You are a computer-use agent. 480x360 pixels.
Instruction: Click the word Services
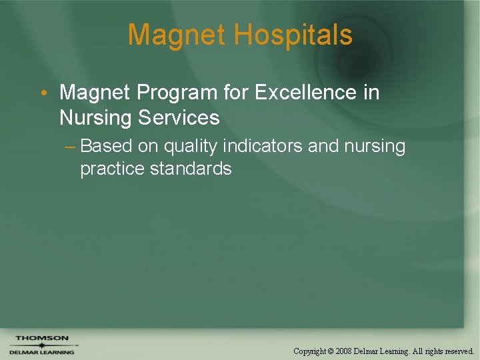pyautogui.click(x=179, y=118)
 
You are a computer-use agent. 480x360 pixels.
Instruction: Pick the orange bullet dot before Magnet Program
pyautogui.click(x=43, y=93)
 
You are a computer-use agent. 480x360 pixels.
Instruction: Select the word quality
pyautogui.click(x=190, y=146)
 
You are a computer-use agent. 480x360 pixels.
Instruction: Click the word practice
pyautogui.click(x=113, y=169)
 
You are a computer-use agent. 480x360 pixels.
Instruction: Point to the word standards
pyautogui.click(x=191, y=169)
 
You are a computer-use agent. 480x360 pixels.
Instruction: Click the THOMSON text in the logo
pyautogui.click(x=42, y=338)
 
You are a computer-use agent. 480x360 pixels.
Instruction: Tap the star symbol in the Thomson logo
pyautogui.click(x=41, y=345)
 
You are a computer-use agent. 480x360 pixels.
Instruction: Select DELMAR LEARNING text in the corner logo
pyautogui.click(x=41, y=352)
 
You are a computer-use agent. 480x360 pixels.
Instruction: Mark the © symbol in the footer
pyautogui.click(x=331, y=351)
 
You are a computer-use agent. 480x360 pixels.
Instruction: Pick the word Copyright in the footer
pyautogui.click(x=310, y=351)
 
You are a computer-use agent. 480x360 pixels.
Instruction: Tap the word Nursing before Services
pyautogui.click(x=95, y=118)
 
